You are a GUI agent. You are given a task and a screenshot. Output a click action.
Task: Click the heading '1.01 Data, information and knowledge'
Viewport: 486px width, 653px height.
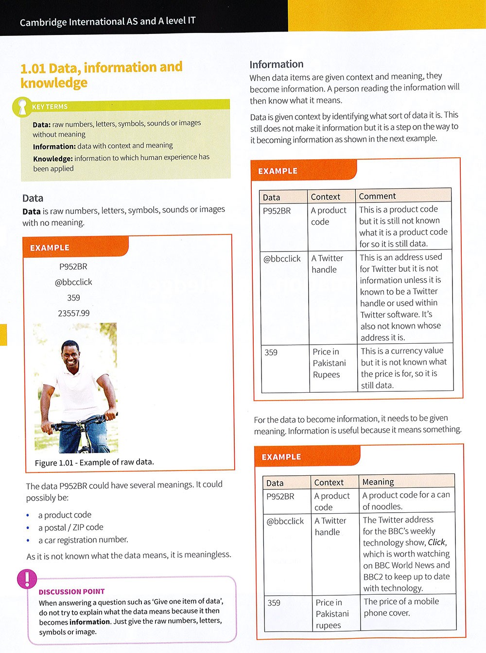[101, 75]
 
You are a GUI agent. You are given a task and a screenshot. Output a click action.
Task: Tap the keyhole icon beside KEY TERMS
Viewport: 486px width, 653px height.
[22, 107]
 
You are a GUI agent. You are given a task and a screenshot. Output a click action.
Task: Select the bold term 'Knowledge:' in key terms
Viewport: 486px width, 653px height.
[52, 159]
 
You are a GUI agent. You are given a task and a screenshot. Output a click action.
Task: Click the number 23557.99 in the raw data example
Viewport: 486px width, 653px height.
[74, 313]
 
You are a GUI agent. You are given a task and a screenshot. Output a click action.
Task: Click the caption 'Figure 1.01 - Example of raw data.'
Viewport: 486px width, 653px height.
[94, 462]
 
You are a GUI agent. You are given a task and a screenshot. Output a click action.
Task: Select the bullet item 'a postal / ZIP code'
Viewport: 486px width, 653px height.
[71, 527]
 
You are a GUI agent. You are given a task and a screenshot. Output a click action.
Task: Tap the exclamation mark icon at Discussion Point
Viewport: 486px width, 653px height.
[27, 579]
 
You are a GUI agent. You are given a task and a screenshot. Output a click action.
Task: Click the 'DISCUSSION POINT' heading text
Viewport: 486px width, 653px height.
[72, 591]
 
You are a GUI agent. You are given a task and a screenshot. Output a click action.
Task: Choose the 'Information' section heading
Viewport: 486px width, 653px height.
[277, 65]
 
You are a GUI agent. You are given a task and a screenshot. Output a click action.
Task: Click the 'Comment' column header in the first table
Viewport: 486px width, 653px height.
[378, 196]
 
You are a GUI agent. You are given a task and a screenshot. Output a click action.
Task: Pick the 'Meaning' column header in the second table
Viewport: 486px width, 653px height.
[378, 482]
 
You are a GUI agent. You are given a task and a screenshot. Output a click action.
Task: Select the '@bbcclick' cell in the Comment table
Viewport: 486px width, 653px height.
[282, 259]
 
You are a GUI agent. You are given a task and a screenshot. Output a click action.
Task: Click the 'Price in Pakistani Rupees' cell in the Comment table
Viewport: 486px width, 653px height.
[329, 363]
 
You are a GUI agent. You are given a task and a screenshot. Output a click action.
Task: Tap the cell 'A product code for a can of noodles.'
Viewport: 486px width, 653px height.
[406, 501]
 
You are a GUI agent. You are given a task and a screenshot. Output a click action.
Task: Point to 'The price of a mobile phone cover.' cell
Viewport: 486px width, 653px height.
[401, 607]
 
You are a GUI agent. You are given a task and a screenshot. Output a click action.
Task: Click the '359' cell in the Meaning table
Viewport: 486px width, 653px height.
[274, 603]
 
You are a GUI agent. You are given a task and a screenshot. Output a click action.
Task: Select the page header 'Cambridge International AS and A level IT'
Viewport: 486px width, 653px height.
[108, 21]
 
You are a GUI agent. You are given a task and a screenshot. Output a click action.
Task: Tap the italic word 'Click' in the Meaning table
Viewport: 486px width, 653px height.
[436, 542]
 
